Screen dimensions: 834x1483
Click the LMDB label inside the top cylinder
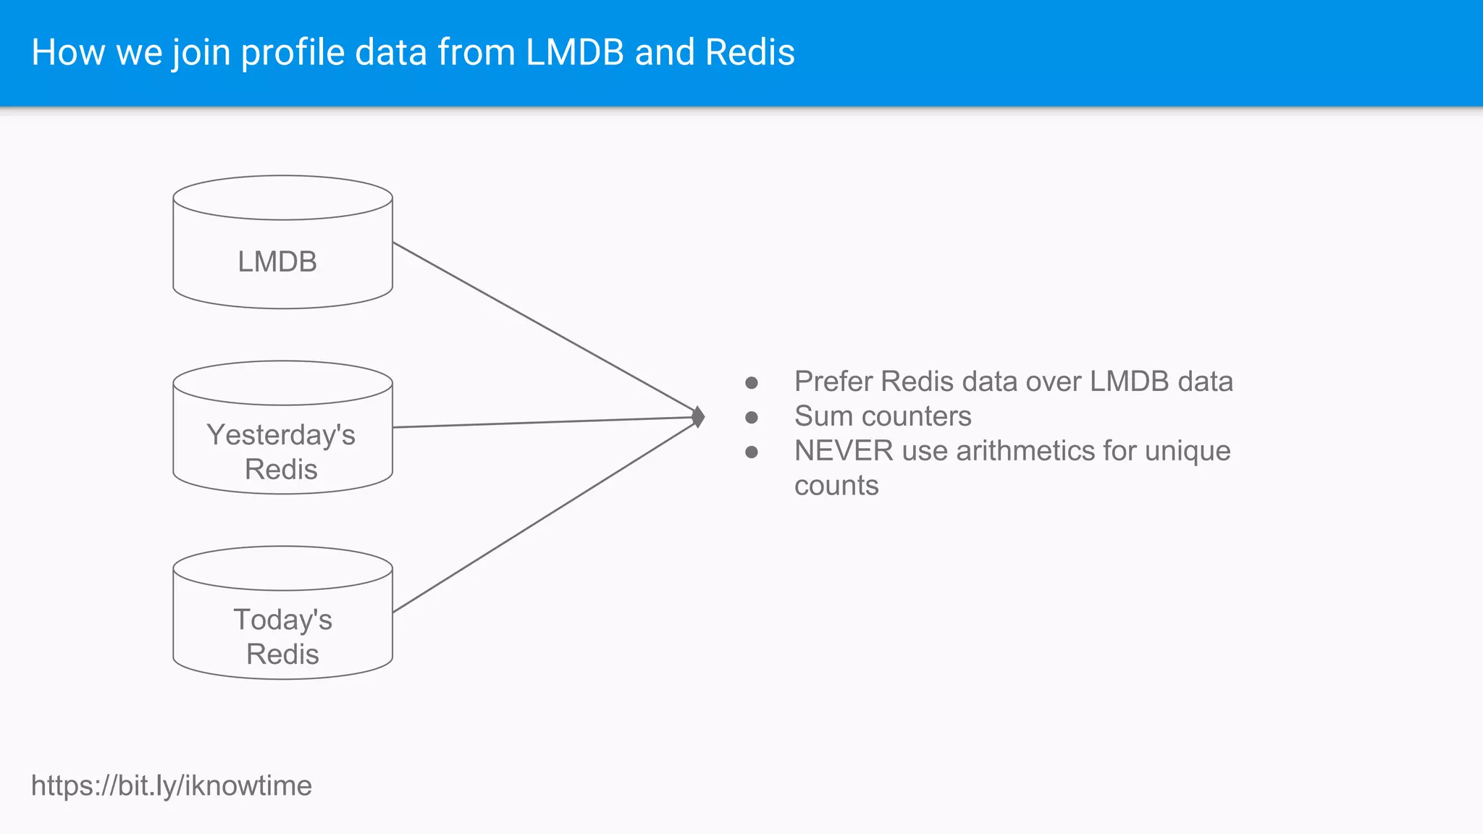coord(277,261)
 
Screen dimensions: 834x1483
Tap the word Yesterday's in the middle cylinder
coord(281,434)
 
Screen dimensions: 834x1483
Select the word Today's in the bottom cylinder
coord(282,620)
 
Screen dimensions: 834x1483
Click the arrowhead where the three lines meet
coord(698,417)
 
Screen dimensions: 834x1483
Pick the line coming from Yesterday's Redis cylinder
coord(543,422)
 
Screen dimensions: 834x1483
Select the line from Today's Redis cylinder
coord(543,516)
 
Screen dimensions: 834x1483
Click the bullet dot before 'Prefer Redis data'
coord(752,382)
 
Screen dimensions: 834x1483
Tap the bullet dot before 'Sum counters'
coord(752,417)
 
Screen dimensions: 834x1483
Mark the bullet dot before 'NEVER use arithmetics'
coord(752,452)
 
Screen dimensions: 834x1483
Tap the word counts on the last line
coord(836,486)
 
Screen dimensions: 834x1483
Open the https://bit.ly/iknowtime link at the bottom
coord(171,785)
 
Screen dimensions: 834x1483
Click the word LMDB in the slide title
coord(574,52)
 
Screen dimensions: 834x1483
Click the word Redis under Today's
coord(282,654)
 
